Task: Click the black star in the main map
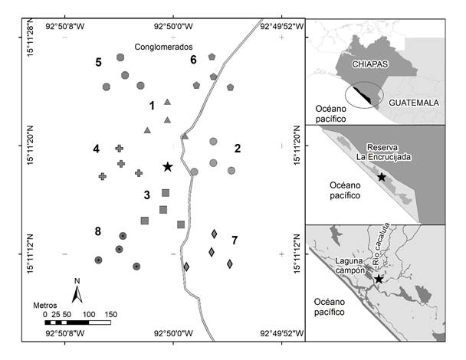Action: click(x=167, y=166)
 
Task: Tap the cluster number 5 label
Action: click(x=99, y=62)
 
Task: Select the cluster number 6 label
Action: click(x=193, y=59)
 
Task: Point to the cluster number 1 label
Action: click(x=152, y=105)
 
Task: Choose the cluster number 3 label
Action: click(x=146, y=195)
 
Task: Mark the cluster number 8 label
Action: click(x=98, y=231)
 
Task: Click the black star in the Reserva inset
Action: click(x=382, y=177)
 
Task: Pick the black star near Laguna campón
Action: click(x=378, y=279)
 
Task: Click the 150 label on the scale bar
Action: click(x=110, y=314)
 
